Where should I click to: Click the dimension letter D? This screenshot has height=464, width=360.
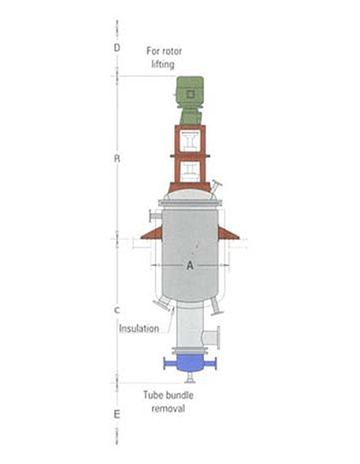tap(117, 48)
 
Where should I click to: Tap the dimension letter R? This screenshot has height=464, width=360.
tap(117, 159)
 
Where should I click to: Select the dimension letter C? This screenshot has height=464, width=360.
tap(117, 310)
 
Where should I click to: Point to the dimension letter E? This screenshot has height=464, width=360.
tap(117, 415)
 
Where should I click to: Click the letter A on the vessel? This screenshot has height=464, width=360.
tap(190, 265)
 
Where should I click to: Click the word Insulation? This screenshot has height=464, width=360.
tap(139, 329)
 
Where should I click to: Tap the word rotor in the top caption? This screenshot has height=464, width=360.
tap(172, 51)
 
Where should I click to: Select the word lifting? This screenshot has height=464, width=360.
tap(163, 64)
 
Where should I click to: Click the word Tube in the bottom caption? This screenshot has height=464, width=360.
tap(154, 395)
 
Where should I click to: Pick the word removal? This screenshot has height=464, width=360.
tap(168, 408)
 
